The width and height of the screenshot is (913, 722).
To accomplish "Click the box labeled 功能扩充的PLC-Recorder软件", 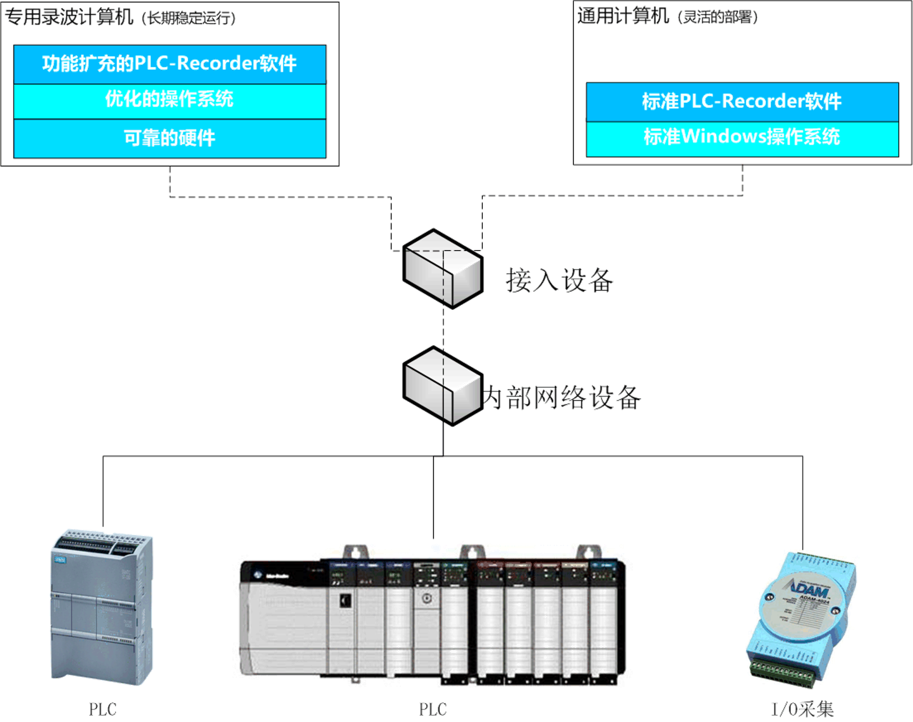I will click(170, 64).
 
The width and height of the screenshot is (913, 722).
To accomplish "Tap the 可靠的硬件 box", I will click(170, 138).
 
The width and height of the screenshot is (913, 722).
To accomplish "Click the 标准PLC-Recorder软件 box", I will click(742, 102).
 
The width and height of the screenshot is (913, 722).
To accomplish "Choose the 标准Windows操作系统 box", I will click(742, 137).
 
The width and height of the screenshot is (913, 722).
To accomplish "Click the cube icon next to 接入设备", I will click(443, 268).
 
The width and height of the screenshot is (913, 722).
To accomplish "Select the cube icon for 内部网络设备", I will click(443, 386).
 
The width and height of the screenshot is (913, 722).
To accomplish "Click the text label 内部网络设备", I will click(562, 397).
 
